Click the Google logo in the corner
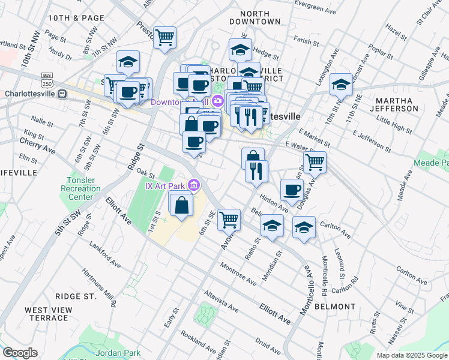click(20, 353)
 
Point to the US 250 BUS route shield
click(47, 79)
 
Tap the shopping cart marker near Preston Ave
click(164, 37)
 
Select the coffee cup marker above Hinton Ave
click(292, 190)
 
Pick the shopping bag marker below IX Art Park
click(181, 205)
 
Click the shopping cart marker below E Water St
click(315, 161)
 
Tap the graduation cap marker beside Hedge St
click(241, 50)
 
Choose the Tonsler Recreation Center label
click(81, 189)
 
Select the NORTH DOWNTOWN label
click(255, 17)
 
